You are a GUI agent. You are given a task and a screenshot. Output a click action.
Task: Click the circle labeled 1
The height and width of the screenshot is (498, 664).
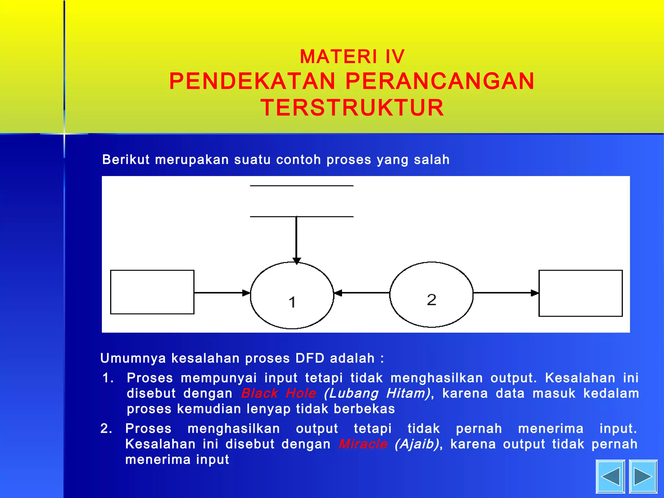(292, 295)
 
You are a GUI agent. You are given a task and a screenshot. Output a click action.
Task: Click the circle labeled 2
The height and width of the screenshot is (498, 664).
(431, 294)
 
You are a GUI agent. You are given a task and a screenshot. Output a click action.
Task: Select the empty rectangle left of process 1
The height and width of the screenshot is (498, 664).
(152, 292)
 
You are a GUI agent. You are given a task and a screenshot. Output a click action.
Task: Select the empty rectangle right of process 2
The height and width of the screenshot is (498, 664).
(580, 293)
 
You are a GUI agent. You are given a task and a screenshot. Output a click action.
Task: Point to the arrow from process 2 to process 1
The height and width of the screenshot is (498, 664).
(362, 293)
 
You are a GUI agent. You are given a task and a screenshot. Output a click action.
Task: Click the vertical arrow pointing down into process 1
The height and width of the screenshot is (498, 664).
(296, 240)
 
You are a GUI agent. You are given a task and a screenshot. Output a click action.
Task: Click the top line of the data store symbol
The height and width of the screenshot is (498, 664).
(302, 186)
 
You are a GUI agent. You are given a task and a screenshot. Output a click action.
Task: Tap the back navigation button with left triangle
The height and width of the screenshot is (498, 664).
(610, 476)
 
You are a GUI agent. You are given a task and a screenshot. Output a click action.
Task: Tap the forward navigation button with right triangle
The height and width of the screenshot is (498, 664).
(643, 476)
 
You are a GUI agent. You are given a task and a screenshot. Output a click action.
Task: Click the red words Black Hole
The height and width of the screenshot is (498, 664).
(279, 393)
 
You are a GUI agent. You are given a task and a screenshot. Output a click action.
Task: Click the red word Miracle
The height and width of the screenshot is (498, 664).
(363, 444)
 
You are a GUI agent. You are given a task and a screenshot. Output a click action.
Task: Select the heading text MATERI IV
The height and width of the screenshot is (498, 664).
(352, 57)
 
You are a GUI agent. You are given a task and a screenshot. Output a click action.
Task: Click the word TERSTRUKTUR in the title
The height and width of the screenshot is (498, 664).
(352, 108)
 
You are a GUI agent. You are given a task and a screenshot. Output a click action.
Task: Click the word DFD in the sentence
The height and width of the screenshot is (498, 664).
(310, 358)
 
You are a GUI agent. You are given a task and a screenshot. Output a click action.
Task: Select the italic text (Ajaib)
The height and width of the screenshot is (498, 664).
(417, 444)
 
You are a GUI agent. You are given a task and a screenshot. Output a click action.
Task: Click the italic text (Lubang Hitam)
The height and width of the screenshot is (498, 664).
(377, 393)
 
